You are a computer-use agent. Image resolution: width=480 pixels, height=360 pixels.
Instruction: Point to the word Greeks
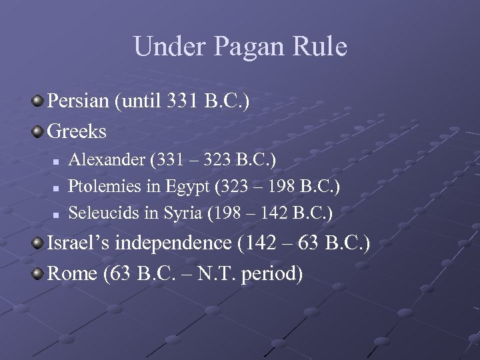77,131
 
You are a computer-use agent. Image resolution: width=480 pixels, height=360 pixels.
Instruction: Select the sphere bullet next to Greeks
37,131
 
